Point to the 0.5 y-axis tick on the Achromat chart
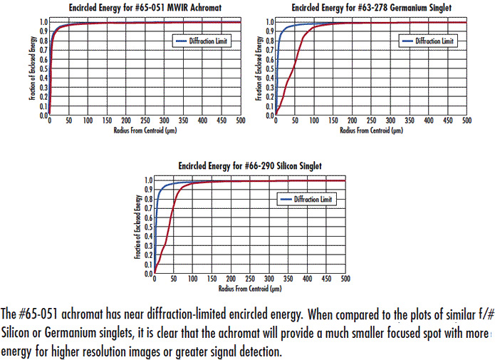click(x=42, y=68)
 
